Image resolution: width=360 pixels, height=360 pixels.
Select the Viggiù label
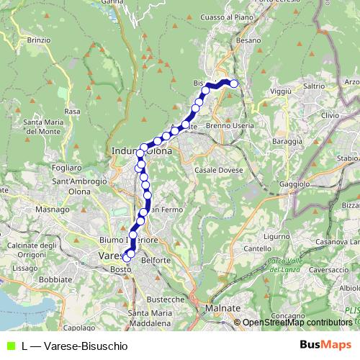click(x=279, y=91)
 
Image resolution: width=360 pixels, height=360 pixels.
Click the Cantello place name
click(x=257, y=248)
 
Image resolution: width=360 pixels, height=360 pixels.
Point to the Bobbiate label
click(x=55, y=279)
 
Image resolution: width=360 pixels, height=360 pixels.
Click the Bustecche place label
click(x=168, y=298)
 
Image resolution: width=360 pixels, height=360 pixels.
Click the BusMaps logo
click(x=325, y=345)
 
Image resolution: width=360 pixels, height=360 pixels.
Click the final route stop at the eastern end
click(x=233, y=84)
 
